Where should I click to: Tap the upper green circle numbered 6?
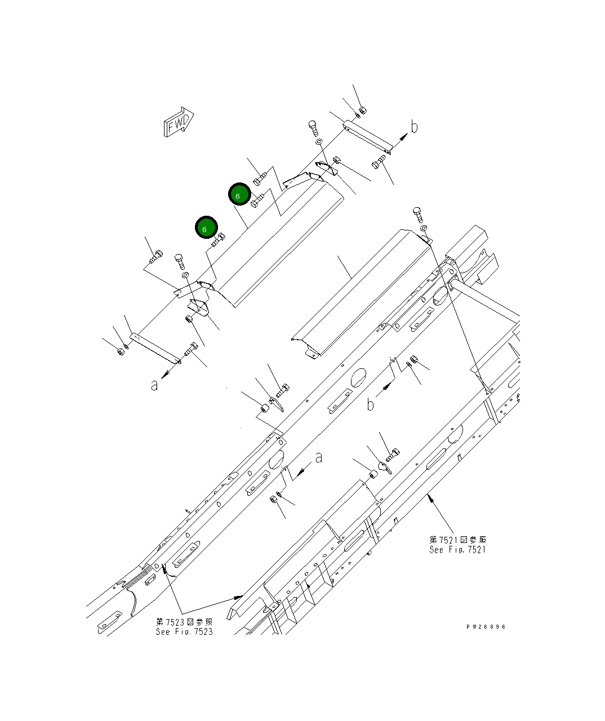[x=239, y=195]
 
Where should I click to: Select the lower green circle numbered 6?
[x=206, y=228]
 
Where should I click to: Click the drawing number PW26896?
[x=486, y=626]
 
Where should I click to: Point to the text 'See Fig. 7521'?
[x=457, y=550]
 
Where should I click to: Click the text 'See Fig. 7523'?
[x=184, y=631]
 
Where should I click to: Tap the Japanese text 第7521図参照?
[x=457, y=540]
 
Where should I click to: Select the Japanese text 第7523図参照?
[x=184, y=622]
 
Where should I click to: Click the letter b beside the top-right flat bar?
[x=414, y=127]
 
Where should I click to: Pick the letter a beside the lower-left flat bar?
[x=154, y=385]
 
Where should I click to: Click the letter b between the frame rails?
[x=370, y=404]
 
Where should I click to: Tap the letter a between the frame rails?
[x=319, y=457]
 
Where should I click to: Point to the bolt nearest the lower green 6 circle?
[x=219, y=239]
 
